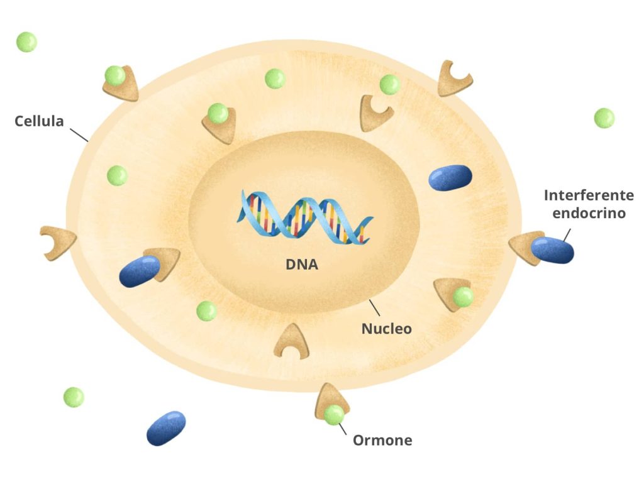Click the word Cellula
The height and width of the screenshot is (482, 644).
[x=39, y=121]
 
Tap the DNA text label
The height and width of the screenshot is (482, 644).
[x=302, y=265]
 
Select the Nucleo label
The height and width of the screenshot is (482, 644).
[x=386, y=328]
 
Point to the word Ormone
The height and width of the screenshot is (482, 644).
[x=382, y=441]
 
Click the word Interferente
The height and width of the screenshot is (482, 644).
[x=589, y=195]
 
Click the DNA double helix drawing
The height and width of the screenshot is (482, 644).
[x=304, y=217]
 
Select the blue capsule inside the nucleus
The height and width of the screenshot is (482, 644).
[x=450, y=177]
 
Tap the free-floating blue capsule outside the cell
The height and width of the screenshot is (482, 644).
[x=166, y=428]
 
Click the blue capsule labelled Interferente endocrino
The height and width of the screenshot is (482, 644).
[x=552, y=249]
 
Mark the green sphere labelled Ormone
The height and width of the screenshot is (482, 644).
[x=334, y=414]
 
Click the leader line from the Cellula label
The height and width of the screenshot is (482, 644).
[x=78, y=134]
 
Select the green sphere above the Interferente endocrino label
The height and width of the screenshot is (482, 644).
[x=604, y=118]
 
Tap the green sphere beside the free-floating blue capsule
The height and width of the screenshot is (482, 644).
[x=74, y=397]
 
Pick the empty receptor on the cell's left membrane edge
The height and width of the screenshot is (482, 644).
[x=57, y=242]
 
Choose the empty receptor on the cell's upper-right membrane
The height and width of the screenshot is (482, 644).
[x=454, y=78]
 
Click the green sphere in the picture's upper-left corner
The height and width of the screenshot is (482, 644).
[x=26, y=42]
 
